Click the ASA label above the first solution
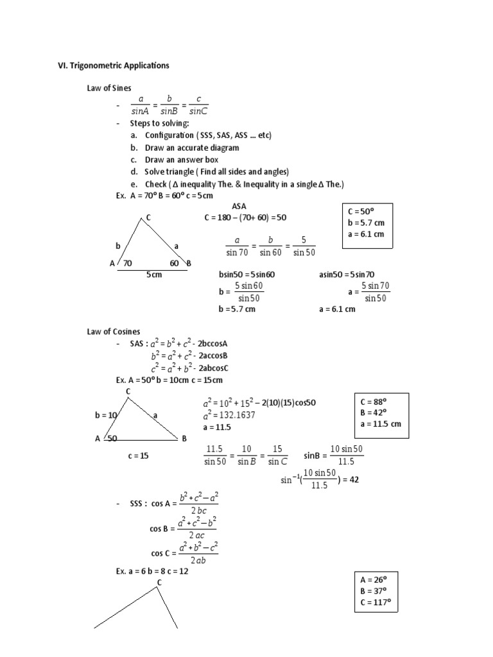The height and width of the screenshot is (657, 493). coord(239,207)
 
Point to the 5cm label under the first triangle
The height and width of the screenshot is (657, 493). coord(153,275)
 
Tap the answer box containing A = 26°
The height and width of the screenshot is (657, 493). coord(376,590)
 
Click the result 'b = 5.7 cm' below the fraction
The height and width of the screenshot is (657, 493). coord(237,309)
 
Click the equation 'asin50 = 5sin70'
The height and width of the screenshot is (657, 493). coord(347,275)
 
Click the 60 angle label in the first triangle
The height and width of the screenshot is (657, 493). coord(174,263)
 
